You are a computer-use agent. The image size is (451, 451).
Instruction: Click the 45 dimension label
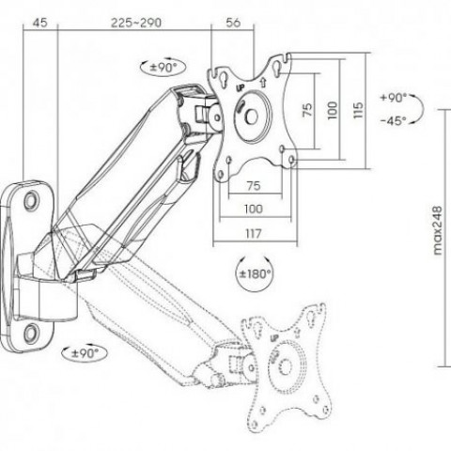click(39, 23)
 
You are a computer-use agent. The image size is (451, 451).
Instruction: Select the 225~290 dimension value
click(136, 23)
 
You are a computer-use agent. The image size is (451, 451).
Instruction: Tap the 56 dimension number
click(233, 23)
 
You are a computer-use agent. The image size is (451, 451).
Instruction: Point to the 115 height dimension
click(358, 110)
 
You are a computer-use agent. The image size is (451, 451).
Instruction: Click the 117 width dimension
click(254, 234)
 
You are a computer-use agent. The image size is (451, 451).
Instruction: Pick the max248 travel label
click(438, 230)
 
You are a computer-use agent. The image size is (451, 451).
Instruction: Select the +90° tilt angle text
click(394, 98)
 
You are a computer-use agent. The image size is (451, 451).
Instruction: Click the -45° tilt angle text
click(394, 120)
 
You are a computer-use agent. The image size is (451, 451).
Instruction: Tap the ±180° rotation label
click(255, 274)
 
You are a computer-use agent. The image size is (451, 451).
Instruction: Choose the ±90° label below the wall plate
click(85, 353)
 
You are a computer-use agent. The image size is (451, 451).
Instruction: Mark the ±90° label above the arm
click(163, 68)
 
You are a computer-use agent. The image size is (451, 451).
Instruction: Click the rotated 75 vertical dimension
click(308, 110)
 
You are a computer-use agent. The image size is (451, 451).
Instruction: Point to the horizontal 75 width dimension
click(254, 186)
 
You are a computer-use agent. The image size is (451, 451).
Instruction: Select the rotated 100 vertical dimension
click(333, 110)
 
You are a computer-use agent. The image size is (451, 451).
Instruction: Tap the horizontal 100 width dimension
click(254, 209)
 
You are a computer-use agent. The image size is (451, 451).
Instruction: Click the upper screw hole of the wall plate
click(31, 201)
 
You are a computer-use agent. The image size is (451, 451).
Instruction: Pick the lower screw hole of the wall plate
click(32, 333)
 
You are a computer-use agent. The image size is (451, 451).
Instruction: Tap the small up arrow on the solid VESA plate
click(263, 83)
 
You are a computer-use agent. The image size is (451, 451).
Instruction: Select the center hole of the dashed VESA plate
click(286, 365)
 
